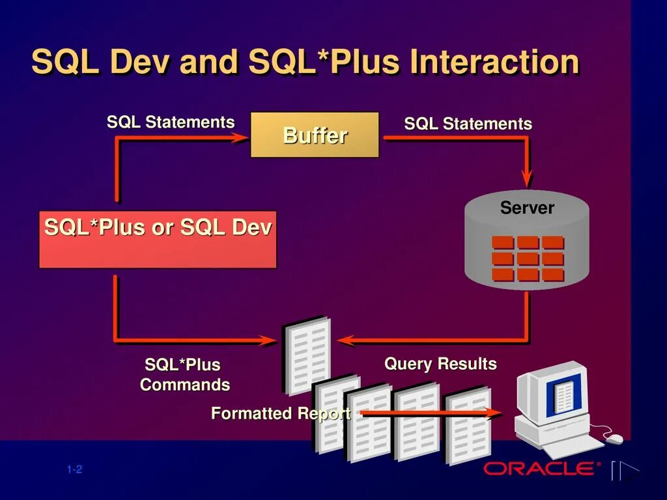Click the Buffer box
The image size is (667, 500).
[315, 135]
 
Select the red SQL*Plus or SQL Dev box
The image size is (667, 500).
[158, 239]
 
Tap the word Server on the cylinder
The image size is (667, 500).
[527, 208]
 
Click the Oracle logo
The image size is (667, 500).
[539, 468]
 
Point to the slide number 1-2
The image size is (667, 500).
[74, 470]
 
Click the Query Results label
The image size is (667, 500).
[440, 364]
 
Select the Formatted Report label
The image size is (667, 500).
[281, 413]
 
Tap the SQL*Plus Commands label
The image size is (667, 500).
[184, 374]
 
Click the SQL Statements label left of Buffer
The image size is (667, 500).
[171, 122]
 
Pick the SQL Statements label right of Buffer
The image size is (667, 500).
[468, 124]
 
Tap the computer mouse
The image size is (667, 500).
[614, 439]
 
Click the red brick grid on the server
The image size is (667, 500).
[528, 258]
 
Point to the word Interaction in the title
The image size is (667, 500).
[494, 62]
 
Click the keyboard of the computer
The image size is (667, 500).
[573, 445]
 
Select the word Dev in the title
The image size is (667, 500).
[140, 62]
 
